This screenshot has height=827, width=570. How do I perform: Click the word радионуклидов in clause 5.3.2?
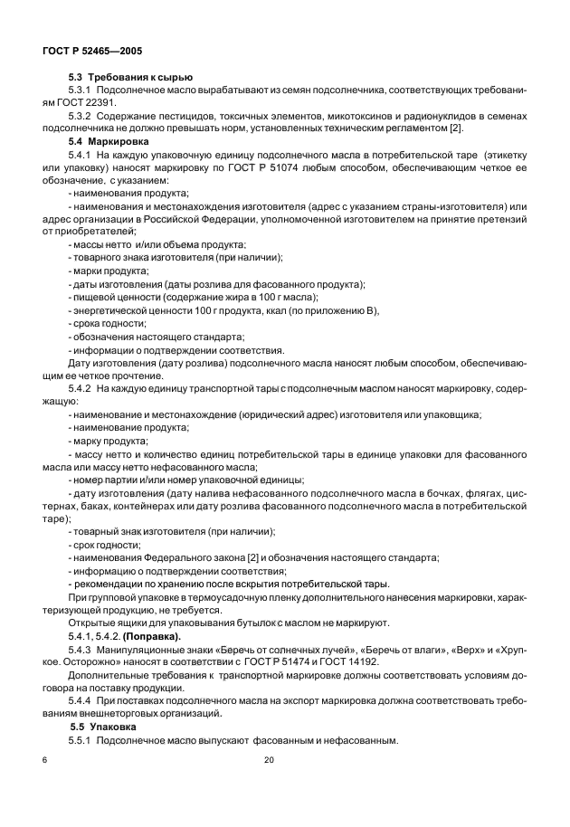pos(432,117)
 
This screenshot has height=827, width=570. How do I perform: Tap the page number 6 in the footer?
pos(43,761)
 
